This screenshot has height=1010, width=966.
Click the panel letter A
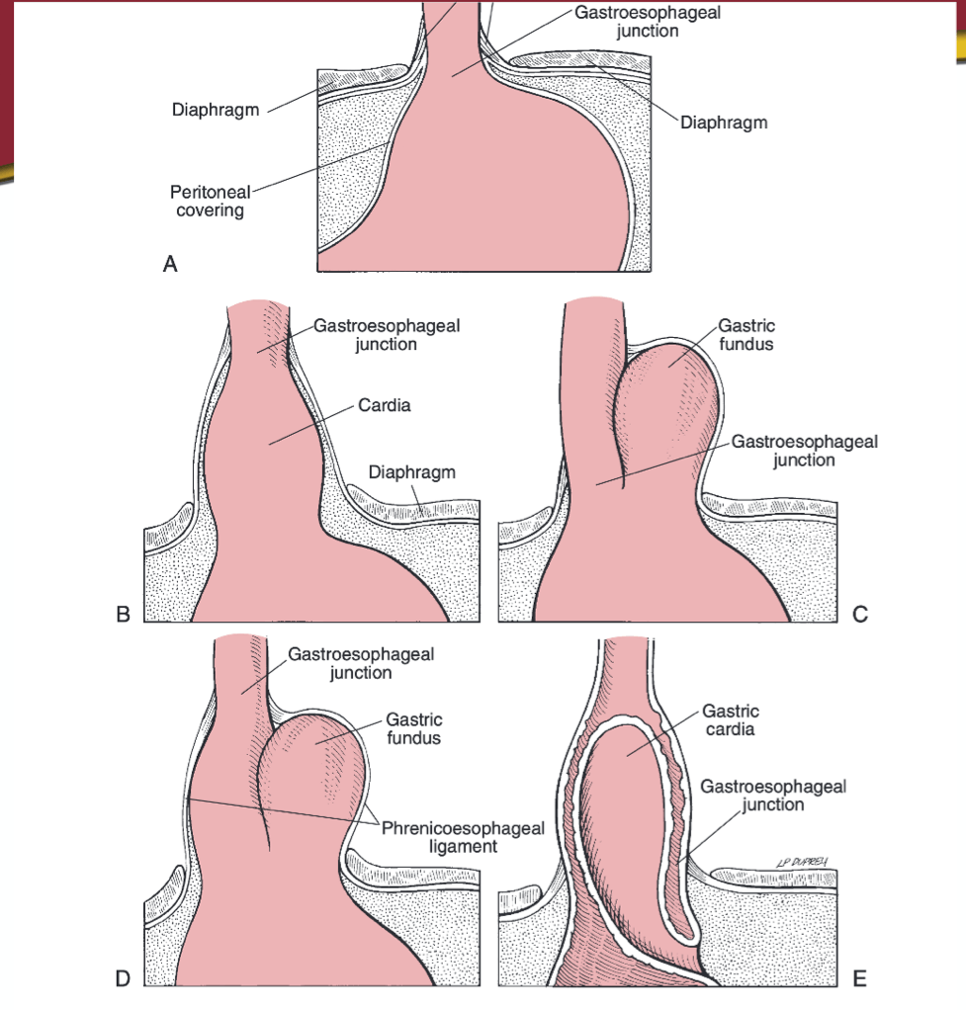(x=170, y=264)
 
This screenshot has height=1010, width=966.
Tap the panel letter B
(x=123, y=615)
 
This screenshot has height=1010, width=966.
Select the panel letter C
(x=860, y=615)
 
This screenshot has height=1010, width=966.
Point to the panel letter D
(x=123, y=979)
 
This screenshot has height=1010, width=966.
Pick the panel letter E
(x=859, y=979)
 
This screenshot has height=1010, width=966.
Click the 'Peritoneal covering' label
(x=210, y=201)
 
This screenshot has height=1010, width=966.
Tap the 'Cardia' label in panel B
(x=384, y=405)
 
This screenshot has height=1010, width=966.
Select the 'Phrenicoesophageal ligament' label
(x=463, y=837)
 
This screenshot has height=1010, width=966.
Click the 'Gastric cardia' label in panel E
(x=730, y=720)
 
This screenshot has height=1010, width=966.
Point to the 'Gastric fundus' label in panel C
(x=746, y=334)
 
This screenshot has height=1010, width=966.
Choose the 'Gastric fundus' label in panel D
(x=413, y=728)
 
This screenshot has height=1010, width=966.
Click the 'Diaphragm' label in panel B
(x=411, y=472)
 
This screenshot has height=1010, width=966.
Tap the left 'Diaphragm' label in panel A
(x=216, y=110)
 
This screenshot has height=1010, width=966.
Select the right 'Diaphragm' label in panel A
(x=724, y=123)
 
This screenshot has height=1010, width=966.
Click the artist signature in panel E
(x=802, y=862)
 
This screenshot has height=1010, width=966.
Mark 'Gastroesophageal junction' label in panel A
(x=648, y=22)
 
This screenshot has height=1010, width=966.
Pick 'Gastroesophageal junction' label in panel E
(x=773, y=796)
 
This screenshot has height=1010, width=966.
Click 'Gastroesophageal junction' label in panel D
(x=361, y=663)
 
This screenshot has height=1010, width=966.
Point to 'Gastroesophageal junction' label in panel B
(x=387, y=335)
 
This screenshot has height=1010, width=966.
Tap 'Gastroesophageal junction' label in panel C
(x=804, y=451)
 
